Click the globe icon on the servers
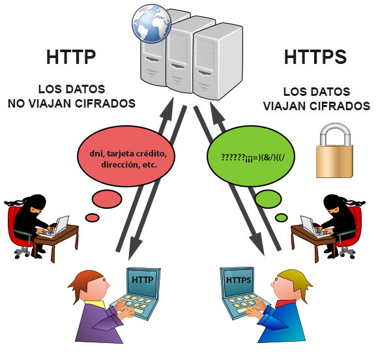point(151,23)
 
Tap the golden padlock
point(334,151)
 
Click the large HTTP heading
point(71,57)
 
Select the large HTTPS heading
point(315,57)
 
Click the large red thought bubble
point(126,156)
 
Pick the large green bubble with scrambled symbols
point(251,156)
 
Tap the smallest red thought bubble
point(93,217)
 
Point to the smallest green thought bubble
point(281,217)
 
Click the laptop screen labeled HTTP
point(143,282)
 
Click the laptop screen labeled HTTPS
point(238,281)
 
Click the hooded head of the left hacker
point(36,204)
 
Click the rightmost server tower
point(218,61)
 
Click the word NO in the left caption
point(16,104)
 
